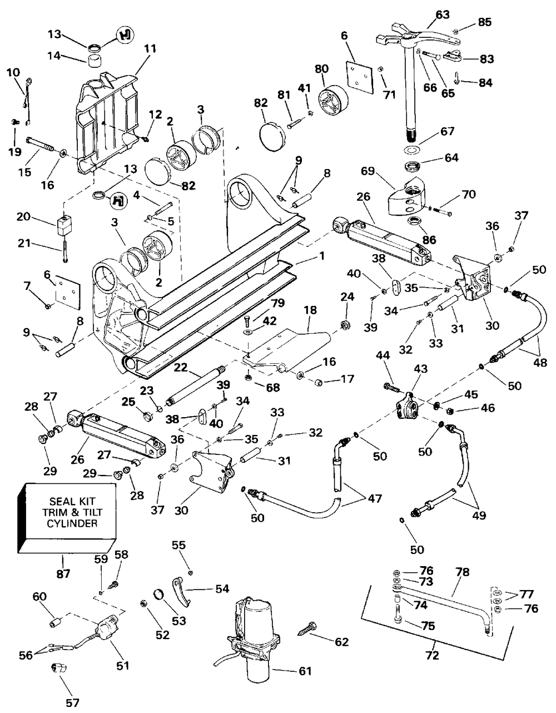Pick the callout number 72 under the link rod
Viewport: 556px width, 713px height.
[432, 656]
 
